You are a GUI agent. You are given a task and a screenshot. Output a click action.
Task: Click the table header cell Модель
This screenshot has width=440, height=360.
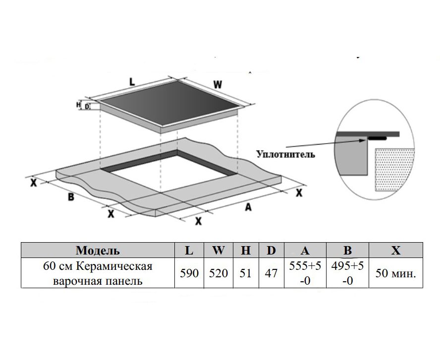(x=98, y=250)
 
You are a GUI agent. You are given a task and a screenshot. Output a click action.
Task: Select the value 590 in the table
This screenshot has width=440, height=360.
(x=189, y=273)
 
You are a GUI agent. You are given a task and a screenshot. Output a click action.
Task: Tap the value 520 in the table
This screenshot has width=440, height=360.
(x=218, y=273)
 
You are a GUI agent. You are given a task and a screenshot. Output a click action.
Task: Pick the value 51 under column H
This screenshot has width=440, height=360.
(x=246, y=273)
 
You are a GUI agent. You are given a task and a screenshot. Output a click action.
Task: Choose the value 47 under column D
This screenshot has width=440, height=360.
(x=271, y=273)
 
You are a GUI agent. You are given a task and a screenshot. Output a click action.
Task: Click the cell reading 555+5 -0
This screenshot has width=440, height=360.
(x=305, y=273)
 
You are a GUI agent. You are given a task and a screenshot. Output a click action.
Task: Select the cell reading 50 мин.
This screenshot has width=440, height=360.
(x=395, y=273)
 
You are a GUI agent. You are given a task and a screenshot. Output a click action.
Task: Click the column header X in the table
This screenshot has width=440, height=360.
(x=395, y=250)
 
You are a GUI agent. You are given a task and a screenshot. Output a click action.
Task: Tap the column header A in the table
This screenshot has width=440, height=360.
(x=305, y=250)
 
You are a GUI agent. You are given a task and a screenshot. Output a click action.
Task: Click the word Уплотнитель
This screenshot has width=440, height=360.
(x=285, y=154)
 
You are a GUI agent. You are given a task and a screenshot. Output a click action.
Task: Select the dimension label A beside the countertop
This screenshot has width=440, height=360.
(x=248, y=207)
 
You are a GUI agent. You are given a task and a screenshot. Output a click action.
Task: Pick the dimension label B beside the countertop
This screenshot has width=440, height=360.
(x=71, y=197)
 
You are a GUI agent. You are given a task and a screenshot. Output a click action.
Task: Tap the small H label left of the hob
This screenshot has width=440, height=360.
(x=78, y=104)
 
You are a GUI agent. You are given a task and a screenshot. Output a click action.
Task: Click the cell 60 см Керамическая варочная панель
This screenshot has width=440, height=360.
(x=98, y=273)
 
